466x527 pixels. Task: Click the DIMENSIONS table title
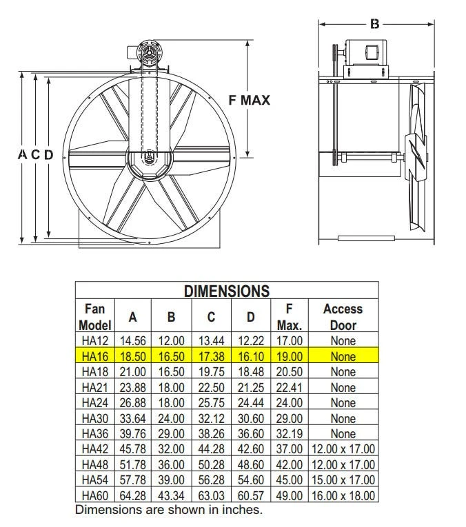click(226, 291)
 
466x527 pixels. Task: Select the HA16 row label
click(94, 357)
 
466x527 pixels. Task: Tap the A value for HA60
click(133, 495)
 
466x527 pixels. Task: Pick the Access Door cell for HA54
click(343, 480)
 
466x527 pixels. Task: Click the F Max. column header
click(289, 317)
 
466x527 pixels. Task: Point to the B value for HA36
click(171, 434)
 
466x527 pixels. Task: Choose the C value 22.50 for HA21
click(211, 388)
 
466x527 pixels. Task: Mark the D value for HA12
click(250, 341)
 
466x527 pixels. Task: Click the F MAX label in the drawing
click(249, 100)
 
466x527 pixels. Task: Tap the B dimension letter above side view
click(375, 24)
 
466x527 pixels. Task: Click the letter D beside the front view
click(48, 155)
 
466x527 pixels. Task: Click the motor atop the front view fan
click(148, 55)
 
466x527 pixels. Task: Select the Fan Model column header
click(94, 317)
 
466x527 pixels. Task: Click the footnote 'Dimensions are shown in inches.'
click(168, 510)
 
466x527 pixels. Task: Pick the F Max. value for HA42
click(289, 449)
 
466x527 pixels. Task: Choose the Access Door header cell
click(343, 317)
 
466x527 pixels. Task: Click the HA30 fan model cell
click(94, 418)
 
